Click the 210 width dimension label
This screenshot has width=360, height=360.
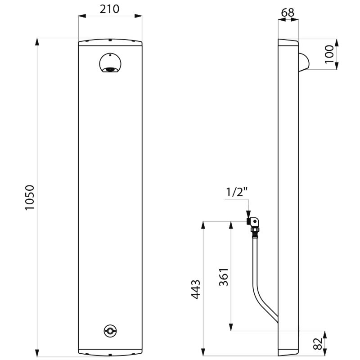point(109,9)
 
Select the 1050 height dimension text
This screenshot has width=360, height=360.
point(30,197)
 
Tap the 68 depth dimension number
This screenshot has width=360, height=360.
point(288,13)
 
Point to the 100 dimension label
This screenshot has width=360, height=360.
point(329,54)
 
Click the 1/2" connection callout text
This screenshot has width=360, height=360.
point(237,192)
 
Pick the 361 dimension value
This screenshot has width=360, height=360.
point(224,277)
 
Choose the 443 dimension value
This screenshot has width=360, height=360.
point(196,289)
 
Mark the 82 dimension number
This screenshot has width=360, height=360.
point(318,343)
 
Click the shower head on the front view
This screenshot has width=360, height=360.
point(110,63)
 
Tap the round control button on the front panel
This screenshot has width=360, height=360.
point(110,331)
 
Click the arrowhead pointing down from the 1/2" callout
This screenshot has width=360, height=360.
point(248,214)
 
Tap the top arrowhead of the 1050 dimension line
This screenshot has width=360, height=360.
point(37,42)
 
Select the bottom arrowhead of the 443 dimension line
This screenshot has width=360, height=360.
point(203,352)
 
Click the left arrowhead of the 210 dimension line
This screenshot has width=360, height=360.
point(82,16)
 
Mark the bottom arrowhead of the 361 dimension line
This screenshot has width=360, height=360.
point(231,327)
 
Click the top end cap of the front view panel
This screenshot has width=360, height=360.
point(110,42)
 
